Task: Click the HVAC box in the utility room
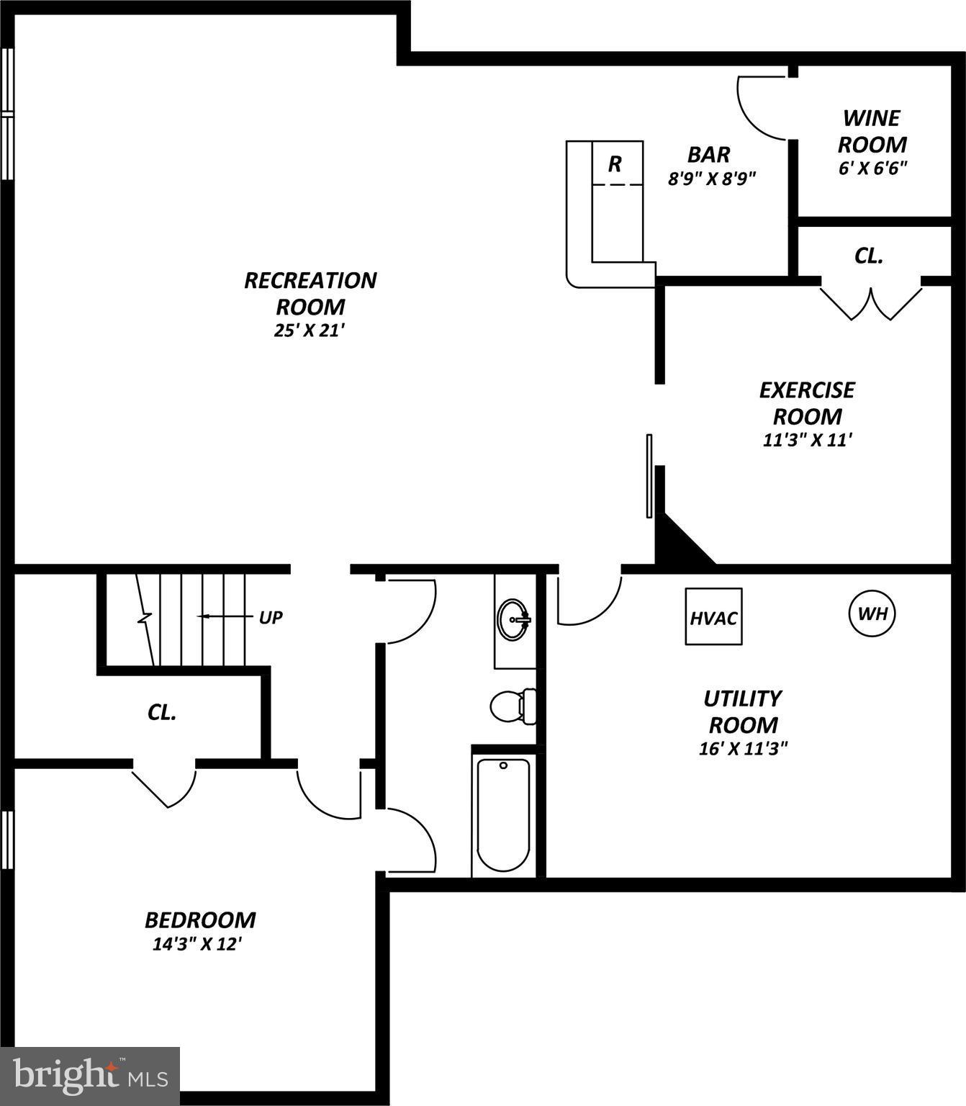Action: click(713, 617)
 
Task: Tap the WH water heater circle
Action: click(872, 614)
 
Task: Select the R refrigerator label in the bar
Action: click(615, 164)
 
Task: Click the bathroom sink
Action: click(514, 619)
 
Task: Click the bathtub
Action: click(503, 813)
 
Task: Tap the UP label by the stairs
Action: click(270, 617)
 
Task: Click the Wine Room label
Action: click(872, 131)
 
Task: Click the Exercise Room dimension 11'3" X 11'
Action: click(808, 440)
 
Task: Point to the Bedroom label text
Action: click(200, 920)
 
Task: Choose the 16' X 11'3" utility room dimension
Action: click(743, 748)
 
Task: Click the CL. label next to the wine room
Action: click(868, 256)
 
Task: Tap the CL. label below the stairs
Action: click(162, 712)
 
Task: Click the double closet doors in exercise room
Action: click(871, 303)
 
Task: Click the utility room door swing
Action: click(588, 600)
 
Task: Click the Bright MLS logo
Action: click(90, 1076)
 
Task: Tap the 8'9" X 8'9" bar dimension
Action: click(712, 179)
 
